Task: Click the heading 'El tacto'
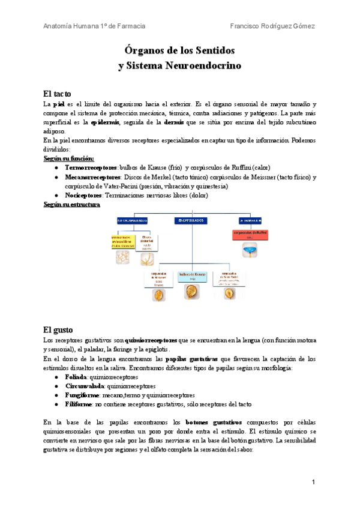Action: click(58, 94)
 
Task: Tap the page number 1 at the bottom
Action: click(313, 482)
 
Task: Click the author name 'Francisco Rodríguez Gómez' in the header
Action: click(272, 26)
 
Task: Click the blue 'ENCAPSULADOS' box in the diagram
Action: click(190, 220)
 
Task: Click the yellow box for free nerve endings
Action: click(122, 241)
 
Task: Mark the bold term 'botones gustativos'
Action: click(214, 422)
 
